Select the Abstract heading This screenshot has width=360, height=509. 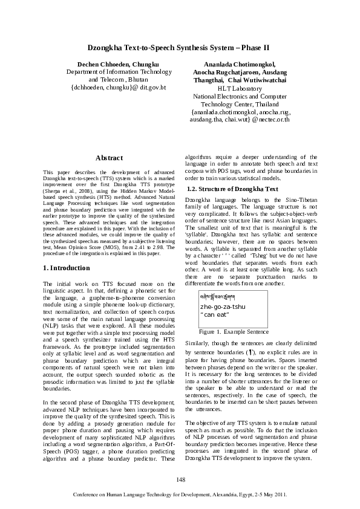click(110, 158)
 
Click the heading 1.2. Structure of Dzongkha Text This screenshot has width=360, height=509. click(233, 189)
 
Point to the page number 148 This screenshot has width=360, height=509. click(180, 479)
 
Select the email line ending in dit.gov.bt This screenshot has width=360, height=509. click(118, 88)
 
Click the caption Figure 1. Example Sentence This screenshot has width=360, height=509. click(234, 332)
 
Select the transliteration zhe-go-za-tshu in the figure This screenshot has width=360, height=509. click(223, 307)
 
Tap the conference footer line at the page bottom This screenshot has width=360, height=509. click(180, 494)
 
